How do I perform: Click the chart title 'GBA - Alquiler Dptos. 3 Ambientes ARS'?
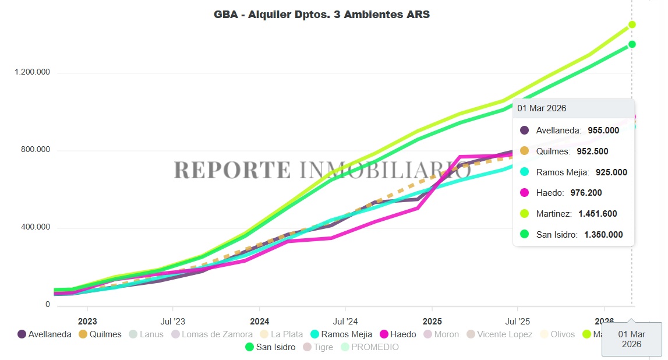click(x=321, y=15)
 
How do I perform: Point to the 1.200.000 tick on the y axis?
click(x=33, y=72)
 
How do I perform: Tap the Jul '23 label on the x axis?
click(x=172, y=321)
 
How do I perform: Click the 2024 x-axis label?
click(x=259, y=321)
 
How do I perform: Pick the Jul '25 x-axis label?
click(x=517, y=321)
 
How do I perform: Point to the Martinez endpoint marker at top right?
click(x=632, y=24)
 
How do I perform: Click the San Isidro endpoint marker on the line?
click(x=632, y=44)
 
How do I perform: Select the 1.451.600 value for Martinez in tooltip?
click(x=598, y=214)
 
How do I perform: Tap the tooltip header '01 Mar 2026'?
click(x=542, y=108)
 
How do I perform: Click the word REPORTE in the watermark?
click(x=232, y=170)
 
